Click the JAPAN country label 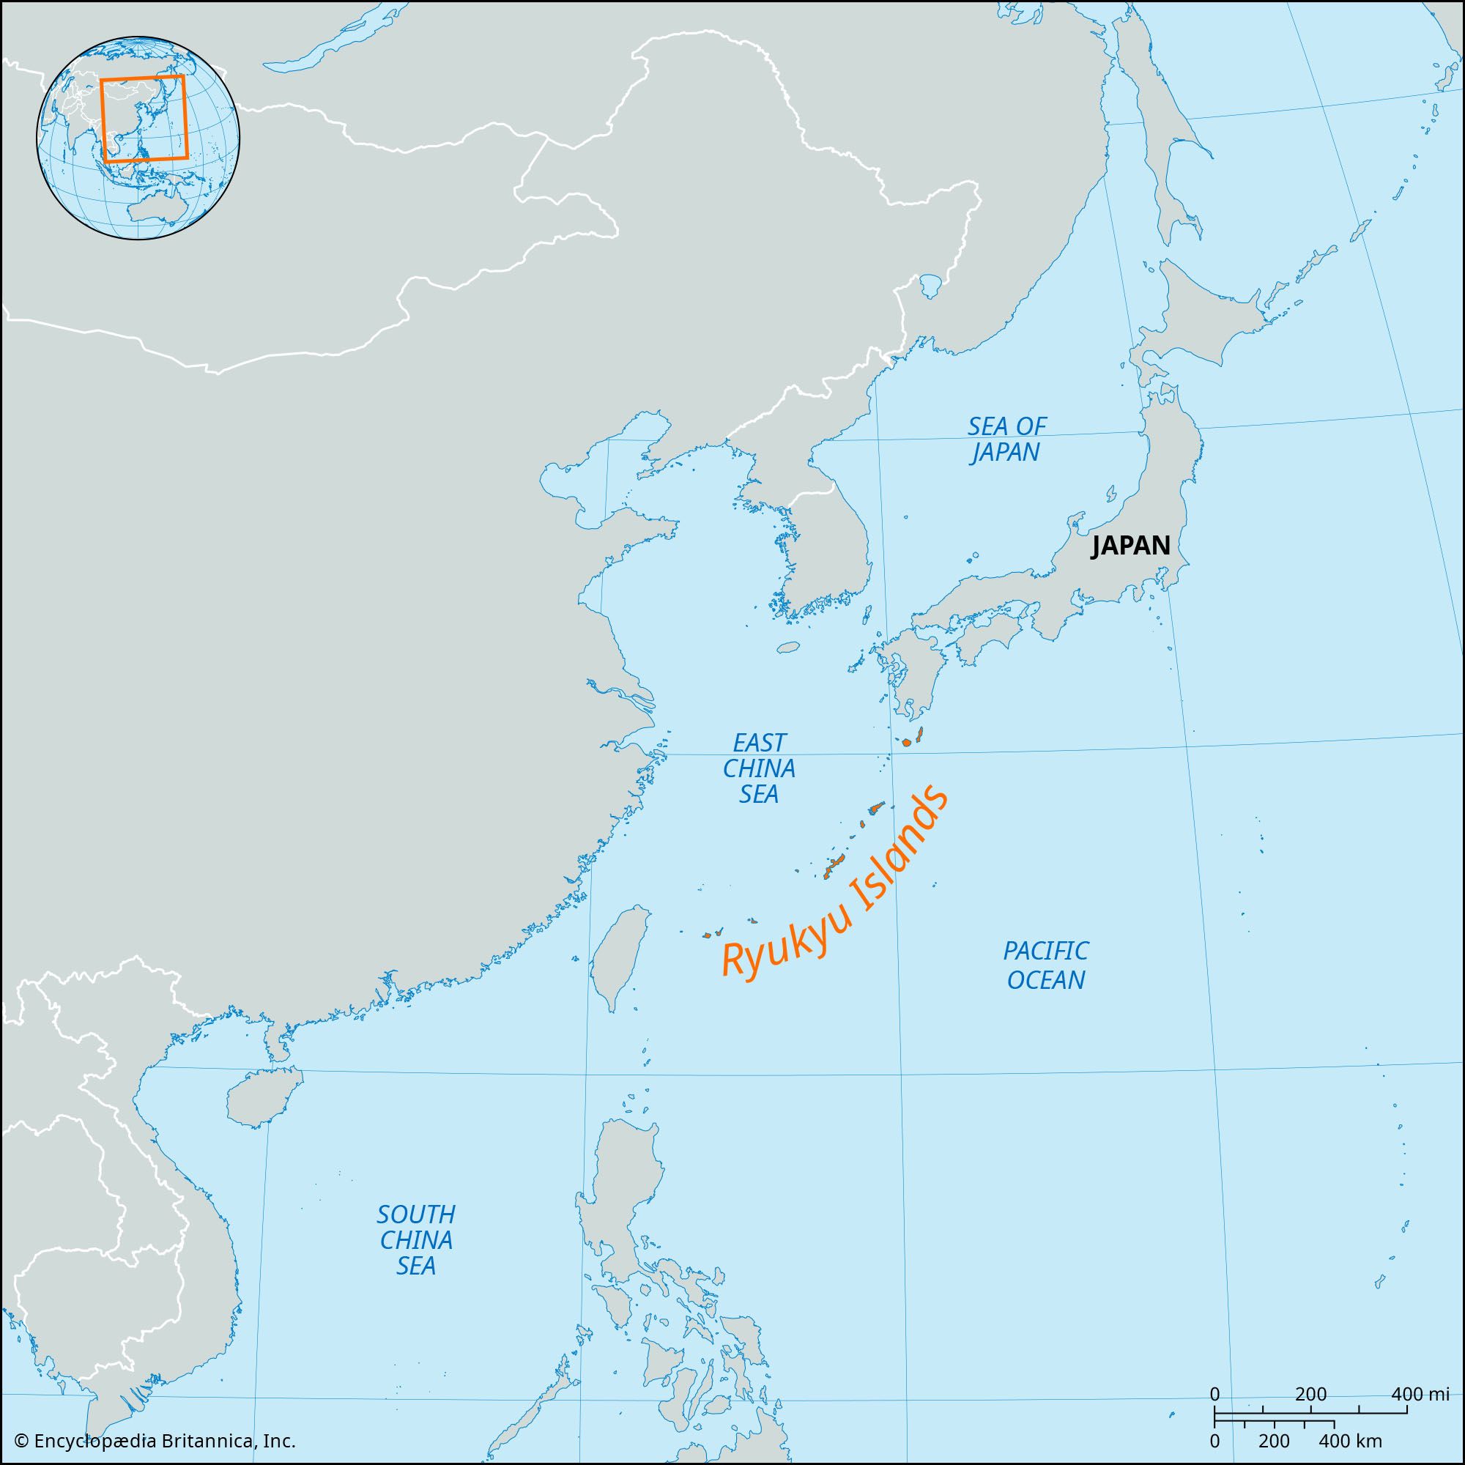[1130, 545]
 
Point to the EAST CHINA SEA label [758, 768]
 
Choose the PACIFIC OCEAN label [1046, 965]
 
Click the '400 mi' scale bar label [1420, 1394]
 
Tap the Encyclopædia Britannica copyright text [155, 1440]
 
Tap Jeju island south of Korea [790, 648]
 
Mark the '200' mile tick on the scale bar [1310, 1394]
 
